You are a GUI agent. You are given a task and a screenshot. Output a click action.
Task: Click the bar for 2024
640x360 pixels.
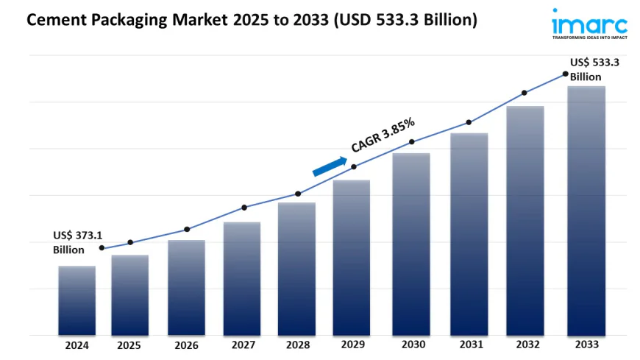tap(77, 300)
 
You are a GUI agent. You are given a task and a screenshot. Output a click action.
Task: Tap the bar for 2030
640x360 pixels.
tap(411, 244)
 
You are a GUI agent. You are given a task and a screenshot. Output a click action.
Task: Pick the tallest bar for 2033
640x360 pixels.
tap(586, 211)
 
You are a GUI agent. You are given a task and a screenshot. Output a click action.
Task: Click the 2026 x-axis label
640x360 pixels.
tap(187, 345)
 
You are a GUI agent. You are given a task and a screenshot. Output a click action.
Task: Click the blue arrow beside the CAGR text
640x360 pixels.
tap(330, 166)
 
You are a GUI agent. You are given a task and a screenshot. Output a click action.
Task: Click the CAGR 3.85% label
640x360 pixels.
tap(383, 135)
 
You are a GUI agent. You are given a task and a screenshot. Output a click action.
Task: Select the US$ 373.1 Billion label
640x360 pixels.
tap(77, 242)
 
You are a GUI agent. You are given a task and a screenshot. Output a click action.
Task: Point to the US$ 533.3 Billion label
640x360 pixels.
tap(594, 69)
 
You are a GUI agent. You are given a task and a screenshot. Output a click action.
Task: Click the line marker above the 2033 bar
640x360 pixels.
tap(565, 74)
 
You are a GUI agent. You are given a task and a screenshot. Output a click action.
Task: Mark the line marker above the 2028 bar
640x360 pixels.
tap(298, 194)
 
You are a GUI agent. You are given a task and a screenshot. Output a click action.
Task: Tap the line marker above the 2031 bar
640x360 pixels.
tap(468, 122)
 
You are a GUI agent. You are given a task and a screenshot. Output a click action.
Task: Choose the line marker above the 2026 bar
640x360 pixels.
tap(187, 229)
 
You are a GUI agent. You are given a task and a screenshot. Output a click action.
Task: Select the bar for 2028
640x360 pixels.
tap(296, 269)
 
